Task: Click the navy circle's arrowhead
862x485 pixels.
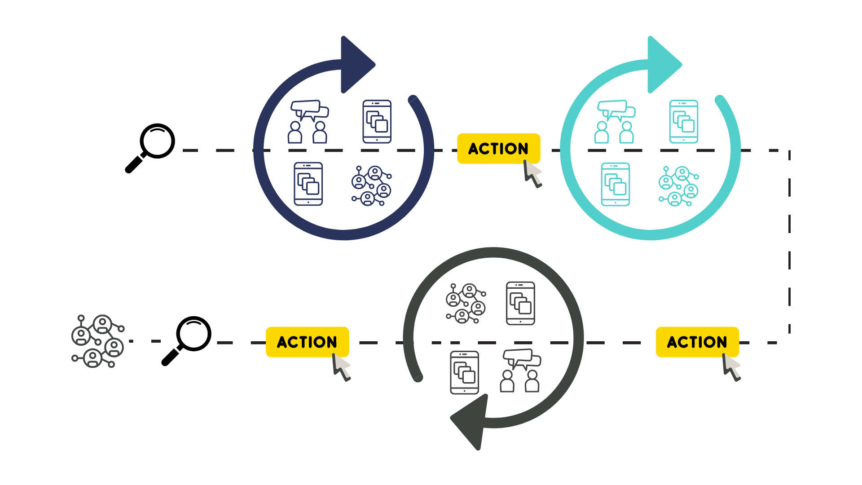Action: pyautogui.click(x=356, y=65)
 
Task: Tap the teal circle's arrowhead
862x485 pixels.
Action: pyautogui.click(x=662, y=65)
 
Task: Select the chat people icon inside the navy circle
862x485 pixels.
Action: pyautogui.click(x=308, y=122)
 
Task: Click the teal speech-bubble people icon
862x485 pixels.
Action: pyautogui.click(x=615, y=122)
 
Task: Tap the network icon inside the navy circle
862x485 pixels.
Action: pyautogui.click(x=371, y=185)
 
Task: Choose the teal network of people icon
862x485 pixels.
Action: pyautogui.click(x=678, y=186)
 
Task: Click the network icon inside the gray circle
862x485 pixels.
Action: pyautogui.click(x=466, y=303)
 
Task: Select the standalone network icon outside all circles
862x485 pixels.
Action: pyautogui.click(x=98, y=341)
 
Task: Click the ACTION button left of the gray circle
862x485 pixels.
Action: pyautogui.click(x=307, y=342)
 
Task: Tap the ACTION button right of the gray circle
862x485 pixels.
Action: pyautogui.click(x=697, y=342)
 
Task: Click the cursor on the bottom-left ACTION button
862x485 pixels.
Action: pyautogui.click(x=341, y=367)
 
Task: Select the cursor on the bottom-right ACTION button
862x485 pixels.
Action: pyautogui.click(x=731, y=367)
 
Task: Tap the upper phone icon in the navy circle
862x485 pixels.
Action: pyautogui.click(x=377, y=122)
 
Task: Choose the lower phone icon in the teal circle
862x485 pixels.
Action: pyautogui.click(x=615, y=184)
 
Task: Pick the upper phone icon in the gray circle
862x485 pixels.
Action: pyautogui.click(x=520, y=303)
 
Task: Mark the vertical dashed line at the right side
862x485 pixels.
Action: pyautogui.click(x=789, y=242)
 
